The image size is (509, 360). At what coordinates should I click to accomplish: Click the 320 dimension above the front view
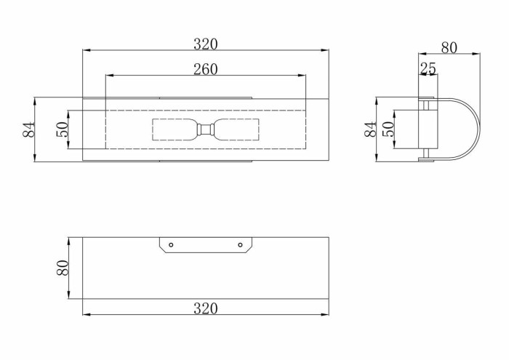(206, 44)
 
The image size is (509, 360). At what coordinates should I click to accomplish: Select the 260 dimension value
(206, 69)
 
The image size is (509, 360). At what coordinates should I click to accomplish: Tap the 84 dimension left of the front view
(28, 129)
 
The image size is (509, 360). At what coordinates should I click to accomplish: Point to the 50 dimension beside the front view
(63, 129)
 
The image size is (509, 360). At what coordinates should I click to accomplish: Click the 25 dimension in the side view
(428, 68)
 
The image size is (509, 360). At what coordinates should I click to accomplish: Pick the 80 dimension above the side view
(449, 48)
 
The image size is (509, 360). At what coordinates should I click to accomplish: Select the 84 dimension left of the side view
(370, 129)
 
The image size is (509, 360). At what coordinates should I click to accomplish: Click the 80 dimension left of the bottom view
(63, 268)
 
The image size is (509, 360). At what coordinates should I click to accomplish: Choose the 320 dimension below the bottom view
(206, 308)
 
